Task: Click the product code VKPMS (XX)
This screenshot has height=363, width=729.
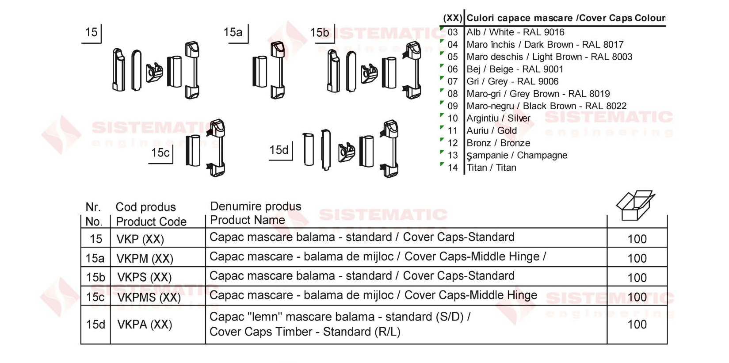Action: [149, 297]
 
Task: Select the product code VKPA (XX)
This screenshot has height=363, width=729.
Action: [145, 325]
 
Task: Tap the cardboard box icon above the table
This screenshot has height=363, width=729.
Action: [636, 205]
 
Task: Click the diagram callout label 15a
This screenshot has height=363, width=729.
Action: [233, 32]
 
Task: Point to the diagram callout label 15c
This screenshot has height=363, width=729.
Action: [160, 153]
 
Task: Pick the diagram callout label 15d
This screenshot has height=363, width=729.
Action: [279, 150]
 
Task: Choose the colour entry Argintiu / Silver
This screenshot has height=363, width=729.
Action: [498, 118]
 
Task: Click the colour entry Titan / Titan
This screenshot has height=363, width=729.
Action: [492, 168]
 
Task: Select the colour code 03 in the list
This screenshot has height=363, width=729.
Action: [453, 32]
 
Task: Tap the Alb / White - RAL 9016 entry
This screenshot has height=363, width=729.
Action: [515, 32]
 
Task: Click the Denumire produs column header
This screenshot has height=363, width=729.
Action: [256, 206]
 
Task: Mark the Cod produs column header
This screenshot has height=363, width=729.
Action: [146, 207]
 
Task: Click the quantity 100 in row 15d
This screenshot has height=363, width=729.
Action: [637, 324]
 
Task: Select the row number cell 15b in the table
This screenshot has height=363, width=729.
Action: [95, 277]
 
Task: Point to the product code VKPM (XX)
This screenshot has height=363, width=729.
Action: [145, 259]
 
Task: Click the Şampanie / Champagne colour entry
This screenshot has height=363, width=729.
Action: [517, 156]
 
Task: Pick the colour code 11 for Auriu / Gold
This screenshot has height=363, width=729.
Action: [453, 130]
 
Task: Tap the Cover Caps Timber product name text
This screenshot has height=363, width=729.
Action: [305, 332]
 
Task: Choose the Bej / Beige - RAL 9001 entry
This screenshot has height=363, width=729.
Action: [515, 69]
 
